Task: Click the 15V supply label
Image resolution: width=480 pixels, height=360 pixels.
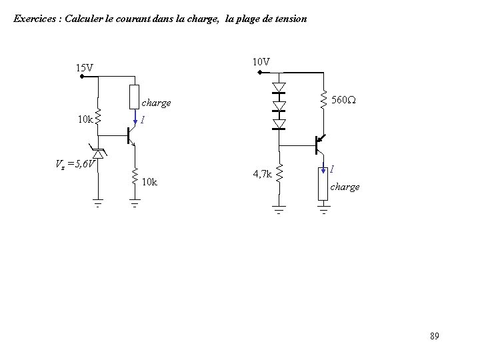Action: click(x=84, y=67)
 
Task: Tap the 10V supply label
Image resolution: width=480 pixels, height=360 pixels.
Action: click(x=261, y=61)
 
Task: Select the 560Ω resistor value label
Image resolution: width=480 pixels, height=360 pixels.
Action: click(x=344, y=101)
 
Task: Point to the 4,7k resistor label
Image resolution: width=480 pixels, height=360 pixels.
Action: click(x=262, y=174)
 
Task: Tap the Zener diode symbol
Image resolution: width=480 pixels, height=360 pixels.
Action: click(x=98, y=154)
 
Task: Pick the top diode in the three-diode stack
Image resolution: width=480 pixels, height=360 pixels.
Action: click(x=279, y=87)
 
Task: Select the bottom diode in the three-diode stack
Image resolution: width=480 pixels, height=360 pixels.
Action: click(x=279, y=124)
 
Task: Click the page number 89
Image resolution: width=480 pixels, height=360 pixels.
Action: click(x=434, y=335)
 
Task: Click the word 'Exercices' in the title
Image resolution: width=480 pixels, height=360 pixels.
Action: click(x=35, y=19)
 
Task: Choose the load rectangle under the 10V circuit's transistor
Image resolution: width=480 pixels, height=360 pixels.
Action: click(x=323, y=187)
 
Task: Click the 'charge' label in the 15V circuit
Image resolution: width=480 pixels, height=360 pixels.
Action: click(x=157, y=103)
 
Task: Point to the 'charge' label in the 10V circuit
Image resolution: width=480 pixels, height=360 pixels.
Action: click(x=345, y=187)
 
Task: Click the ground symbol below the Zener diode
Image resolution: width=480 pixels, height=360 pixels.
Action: click(x=98, y=204)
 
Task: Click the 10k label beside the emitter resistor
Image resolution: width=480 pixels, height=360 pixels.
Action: click(x=150, y=182)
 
